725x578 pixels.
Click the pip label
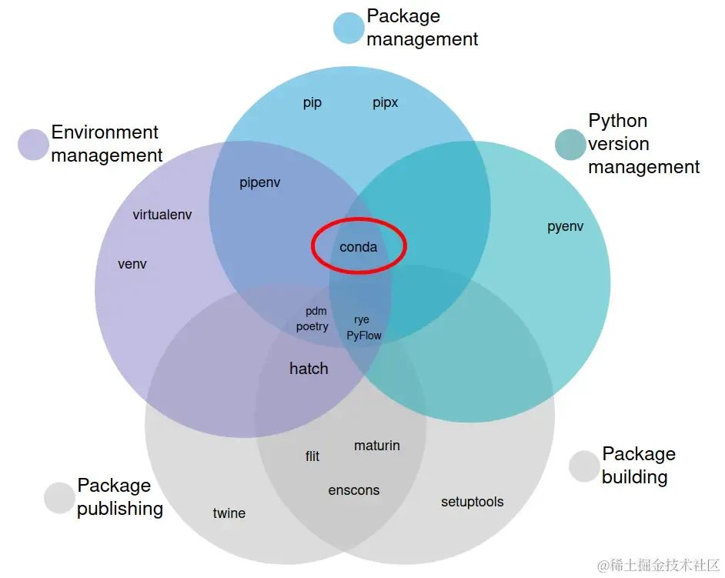coord(312,103)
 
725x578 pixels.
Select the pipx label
coord(385,103)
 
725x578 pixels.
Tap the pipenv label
coord(259,183)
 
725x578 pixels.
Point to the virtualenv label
coord(162,215)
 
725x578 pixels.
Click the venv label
coord(132,264)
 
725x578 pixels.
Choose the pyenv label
coord(565,226)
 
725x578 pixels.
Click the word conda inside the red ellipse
coord(358,247)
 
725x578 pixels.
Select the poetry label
coord(312,326)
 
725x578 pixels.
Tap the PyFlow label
coord(363,336)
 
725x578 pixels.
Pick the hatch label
coord(309,369)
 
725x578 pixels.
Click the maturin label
coord(376,446)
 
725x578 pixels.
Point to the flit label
coord(312,456)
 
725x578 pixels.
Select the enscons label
coord(353,490)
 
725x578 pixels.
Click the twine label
coord(229,513)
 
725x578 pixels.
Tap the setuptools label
coord(472,502)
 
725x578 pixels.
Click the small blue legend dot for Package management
coord(349,28)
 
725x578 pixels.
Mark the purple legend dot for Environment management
coord(33,145)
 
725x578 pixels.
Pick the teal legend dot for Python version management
coord(570,145)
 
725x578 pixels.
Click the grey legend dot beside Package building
coord(584,466)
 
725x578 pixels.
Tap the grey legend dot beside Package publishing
coord(59,498)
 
